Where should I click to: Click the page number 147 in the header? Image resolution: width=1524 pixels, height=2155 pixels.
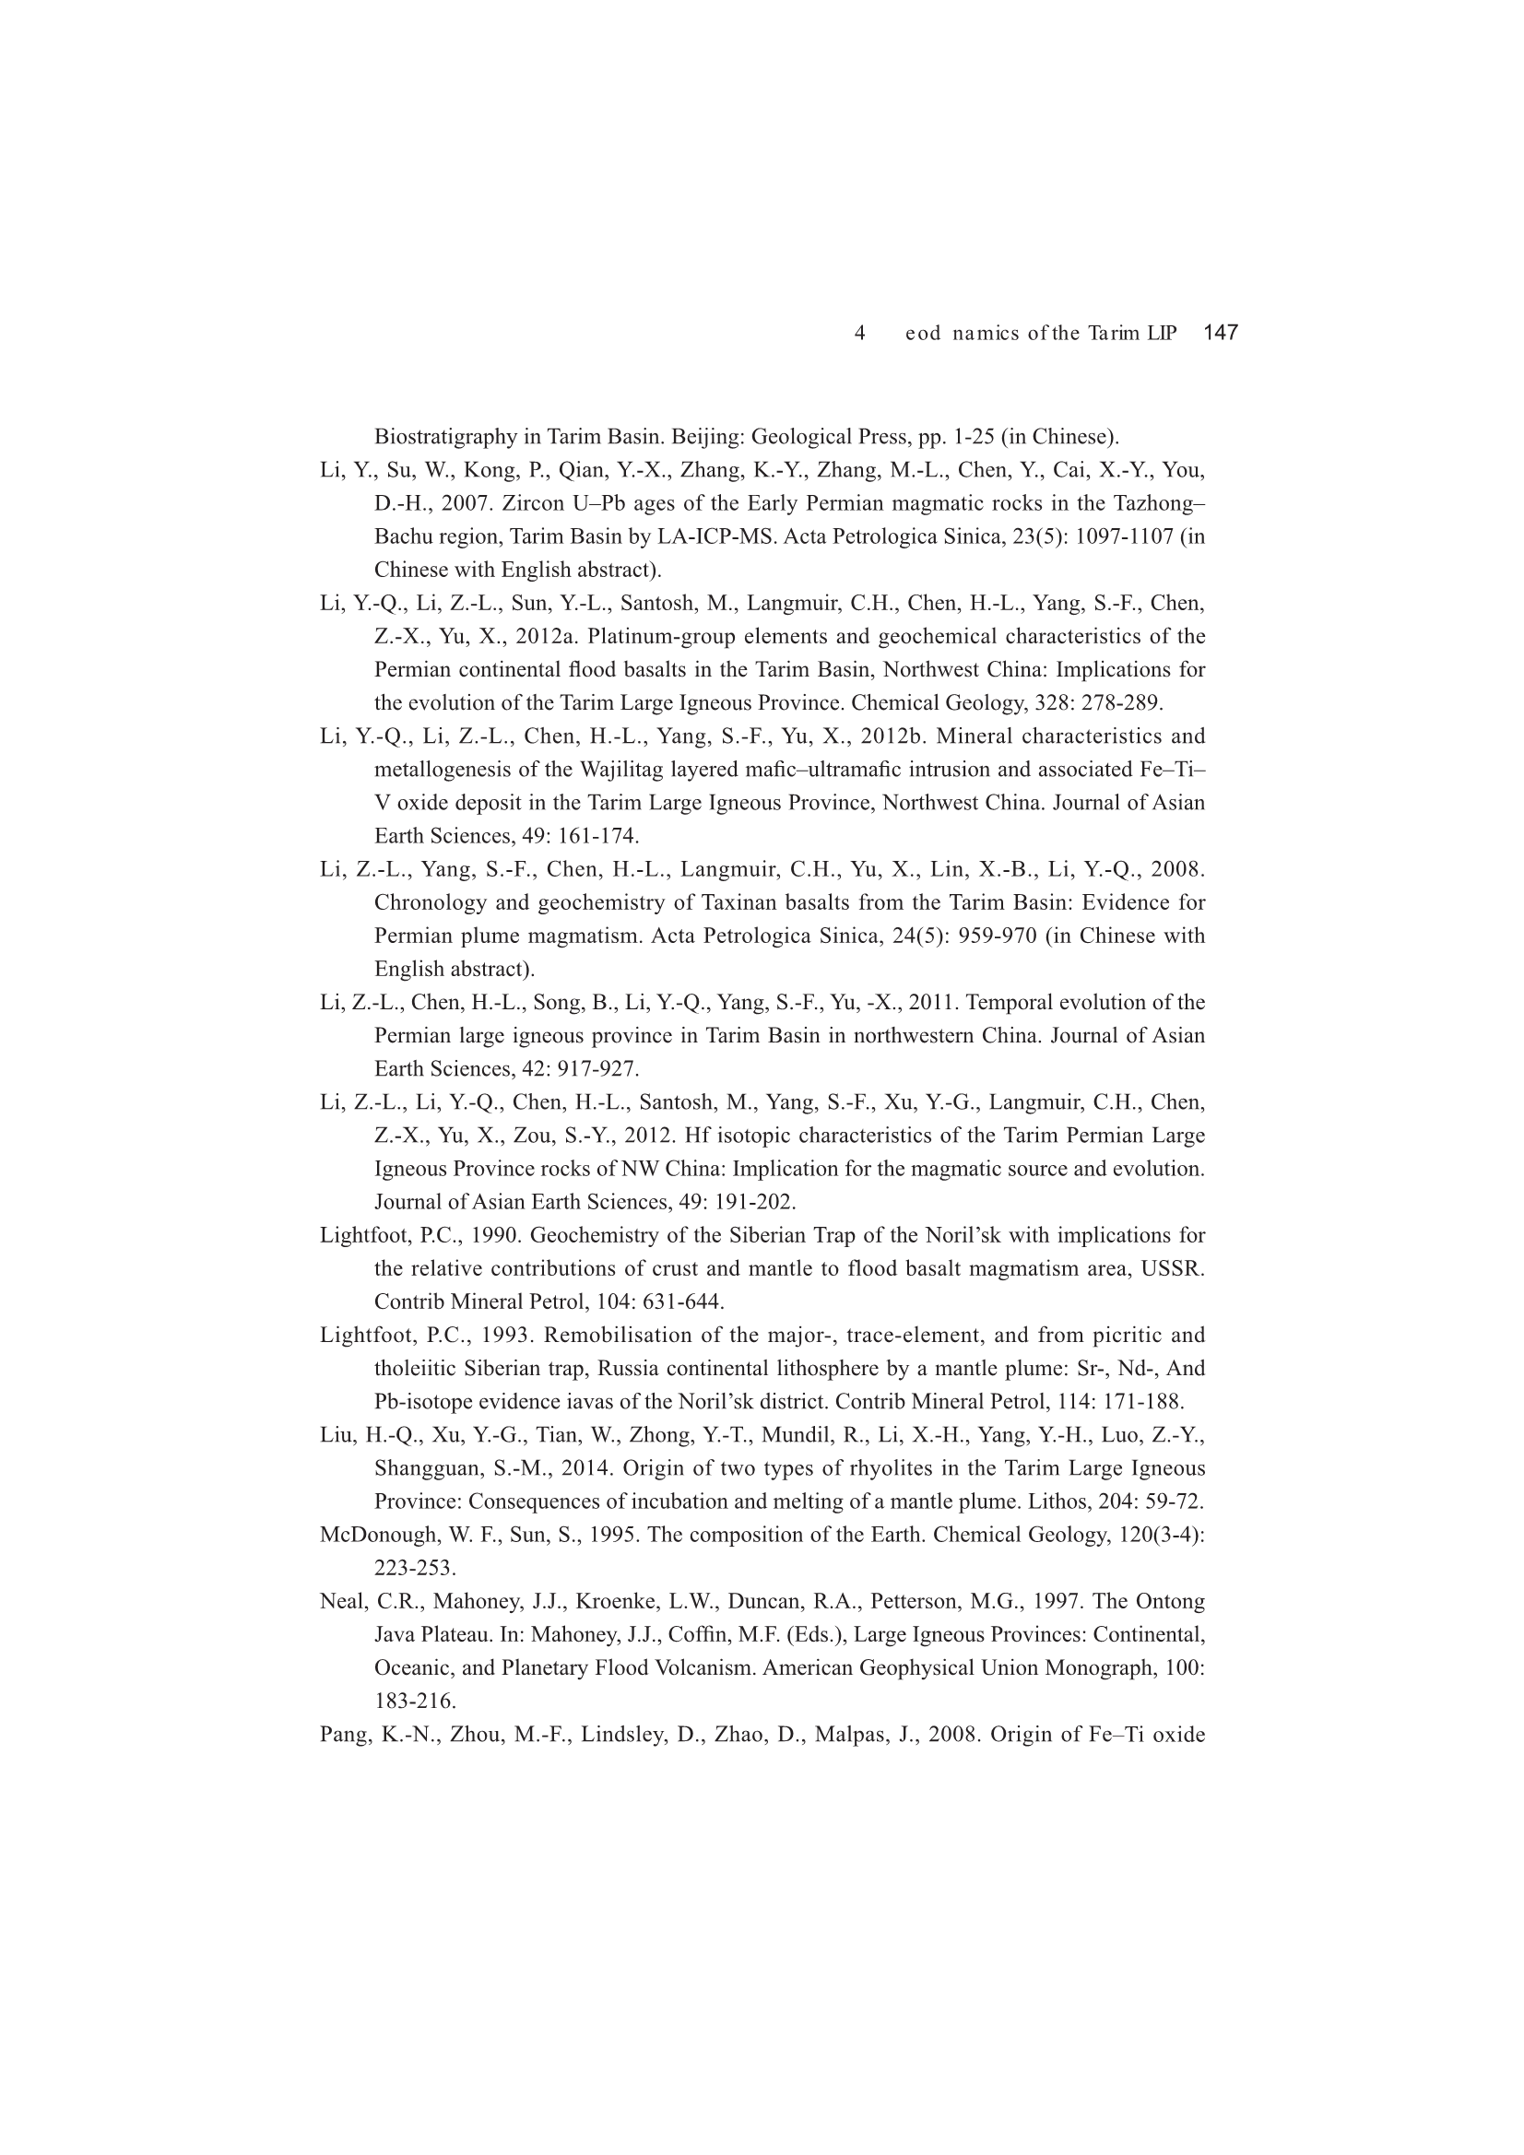[x=1220, y=332]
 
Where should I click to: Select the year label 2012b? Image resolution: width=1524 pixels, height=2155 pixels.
[x=893, y=736]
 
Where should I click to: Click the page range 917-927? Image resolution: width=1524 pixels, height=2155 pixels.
[x=598, y=1069]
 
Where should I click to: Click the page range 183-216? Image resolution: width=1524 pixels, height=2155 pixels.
[x=415, y=1701]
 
